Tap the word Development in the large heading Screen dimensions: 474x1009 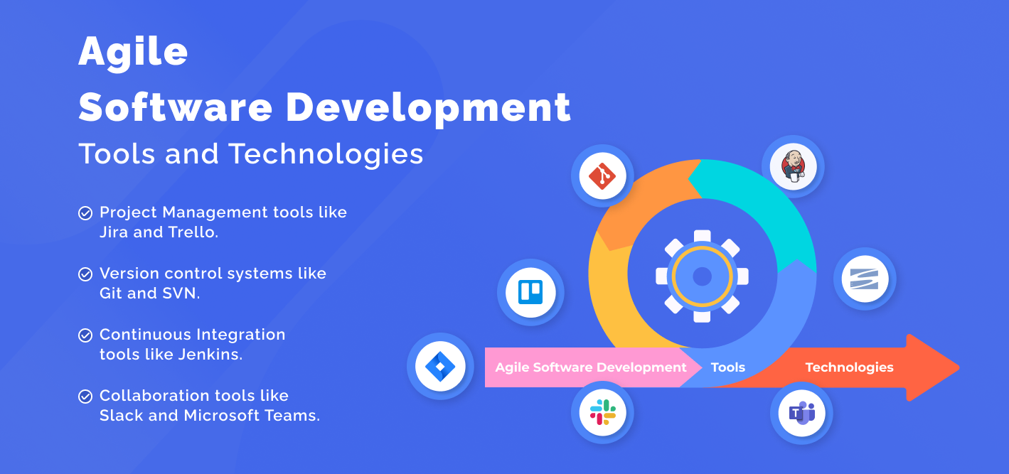[x=428, y=107]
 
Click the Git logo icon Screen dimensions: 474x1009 [x=602, y=175]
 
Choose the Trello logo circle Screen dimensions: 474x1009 [x=530, y=292]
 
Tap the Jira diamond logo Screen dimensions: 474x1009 [x=440, y=367]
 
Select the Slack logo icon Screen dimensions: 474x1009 [x=602, y=412]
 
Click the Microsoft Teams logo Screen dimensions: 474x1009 [x=801, y=413]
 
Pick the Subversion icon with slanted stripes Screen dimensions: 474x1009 [x=865, y=279]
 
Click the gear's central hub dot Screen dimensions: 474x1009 [x=702, y=276]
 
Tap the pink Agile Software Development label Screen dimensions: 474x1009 [x=590, y=367]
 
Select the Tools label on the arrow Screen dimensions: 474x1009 [x=728, y=367]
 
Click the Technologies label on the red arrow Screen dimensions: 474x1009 [x=849, y=367]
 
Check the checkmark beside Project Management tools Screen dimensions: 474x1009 [x=85, y=212]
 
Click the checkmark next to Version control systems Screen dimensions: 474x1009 [x=85, y=274]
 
